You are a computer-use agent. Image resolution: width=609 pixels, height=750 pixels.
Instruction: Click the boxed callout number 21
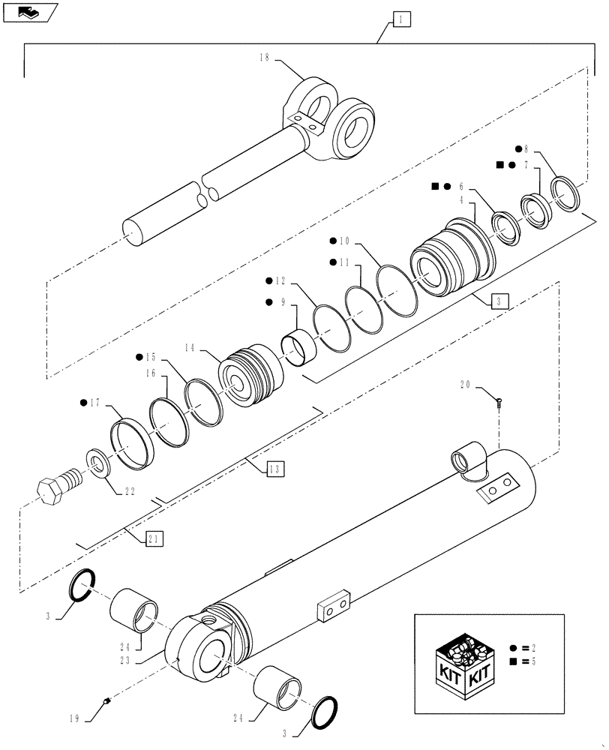pos(154,538)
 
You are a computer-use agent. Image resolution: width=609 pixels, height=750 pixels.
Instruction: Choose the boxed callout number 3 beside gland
pos(501,301)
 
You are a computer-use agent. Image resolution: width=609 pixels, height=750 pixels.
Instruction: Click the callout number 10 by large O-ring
pos(344,242)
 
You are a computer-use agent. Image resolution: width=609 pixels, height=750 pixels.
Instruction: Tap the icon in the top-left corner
pos(29,11)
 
